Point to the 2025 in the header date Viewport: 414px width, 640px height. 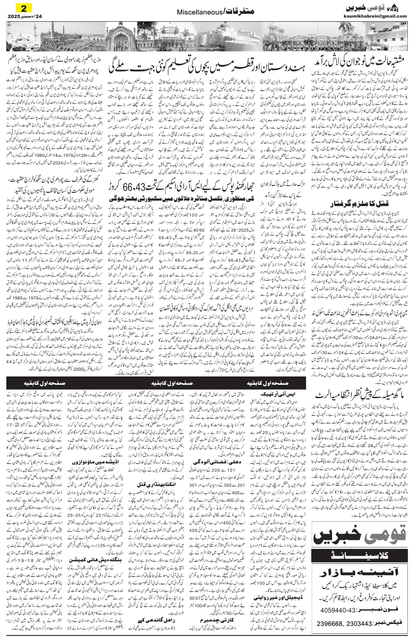click(x=17, y=16)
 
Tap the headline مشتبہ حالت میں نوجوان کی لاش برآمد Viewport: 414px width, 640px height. click(x=360, y=63)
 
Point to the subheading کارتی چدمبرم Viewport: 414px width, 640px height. click(x=214, y=631)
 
